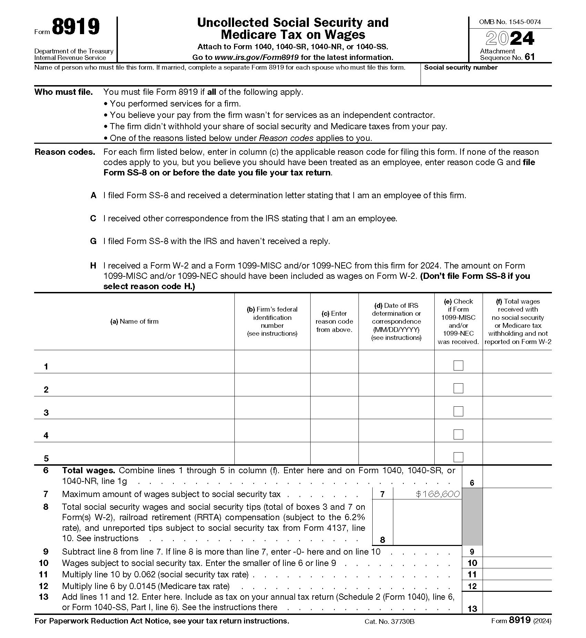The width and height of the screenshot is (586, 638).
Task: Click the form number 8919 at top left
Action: (x=76, y=27)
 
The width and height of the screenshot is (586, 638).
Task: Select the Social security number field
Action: (x=486, y=78)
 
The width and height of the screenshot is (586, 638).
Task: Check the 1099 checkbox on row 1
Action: (x=458, y=365)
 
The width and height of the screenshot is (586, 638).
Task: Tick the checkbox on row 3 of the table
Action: (x=458, y=411)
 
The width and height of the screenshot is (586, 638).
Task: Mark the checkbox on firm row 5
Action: (x=458, y=457)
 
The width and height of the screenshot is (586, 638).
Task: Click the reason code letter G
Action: (x=93, y=241)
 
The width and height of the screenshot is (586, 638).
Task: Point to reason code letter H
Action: (x=93, y=266)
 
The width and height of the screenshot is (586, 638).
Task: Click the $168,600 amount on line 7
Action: (x=437, y=494)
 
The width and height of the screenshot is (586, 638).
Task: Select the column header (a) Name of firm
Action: (x=134, y=322)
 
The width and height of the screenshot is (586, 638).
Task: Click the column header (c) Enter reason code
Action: (x=334, y=322)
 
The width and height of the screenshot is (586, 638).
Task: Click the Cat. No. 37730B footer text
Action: (x=389, y=621)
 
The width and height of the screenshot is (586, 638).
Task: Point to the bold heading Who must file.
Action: (x=63, y=92)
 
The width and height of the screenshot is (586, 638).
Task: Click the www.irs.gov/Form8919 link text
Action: (x=256, y=58)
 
